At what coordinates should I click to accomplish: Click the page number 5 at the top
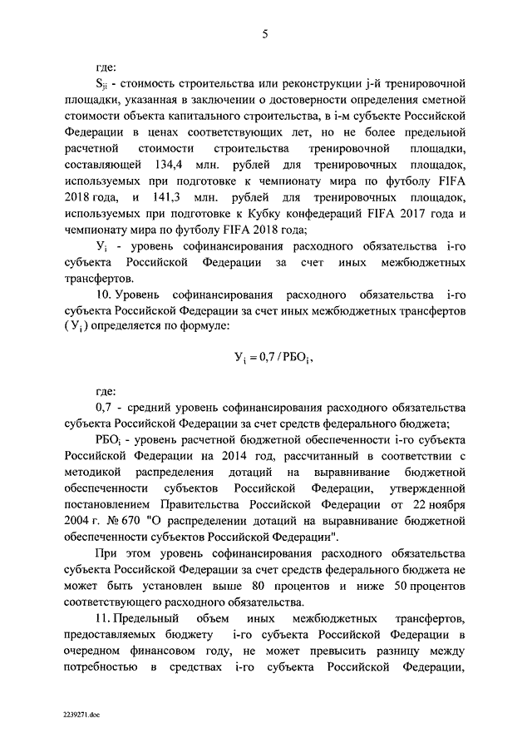click(266, 34)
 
